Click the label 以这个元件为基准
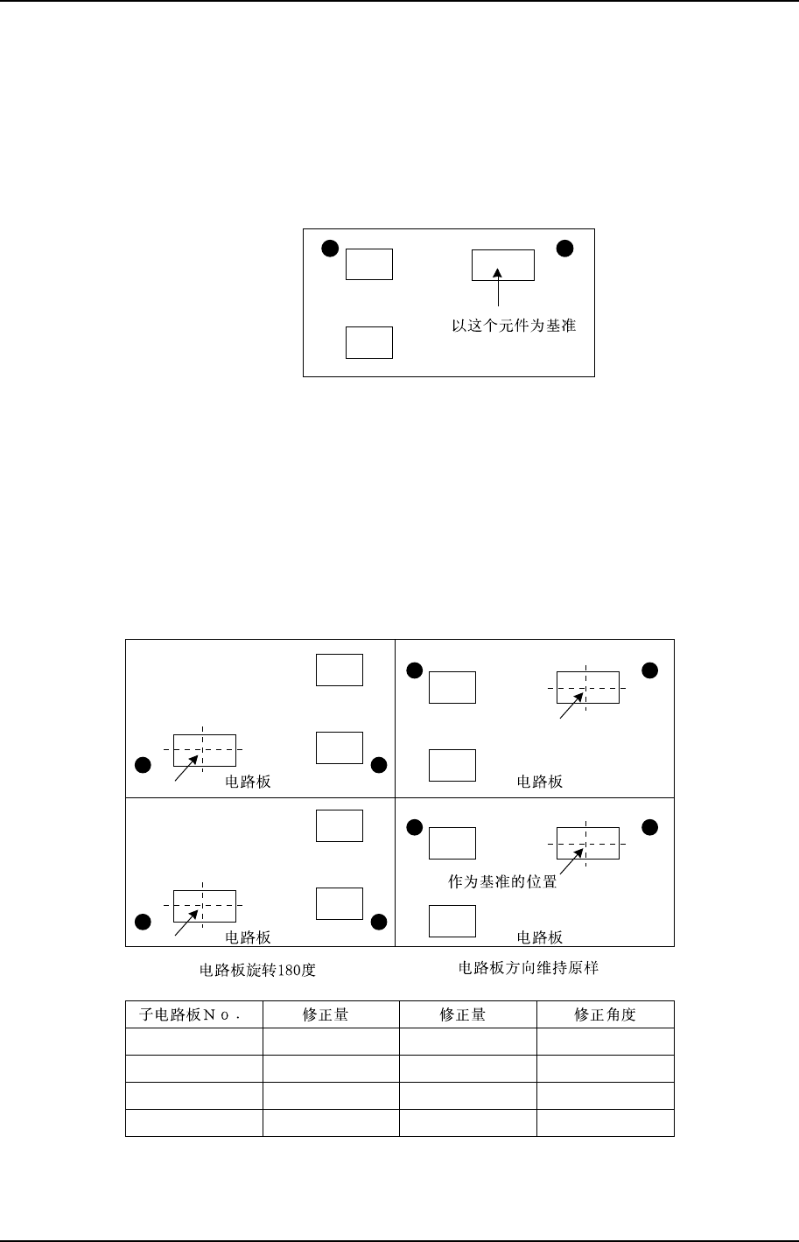click(514, 326)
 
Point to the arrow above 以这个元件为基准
click(498, 288)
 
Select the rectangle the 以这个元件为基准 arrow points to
click(503, 264)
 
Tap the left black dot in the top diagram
click(329, 248)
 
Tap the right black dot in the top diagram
click(565, 248)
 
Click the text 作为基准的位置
click(502, 882)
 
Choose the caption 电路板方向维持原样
click(528, 968)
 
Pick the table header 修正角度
click(605, 1015)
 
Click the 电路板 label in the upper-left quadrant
click(249, 782)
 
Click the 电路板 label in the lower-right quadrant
click(540, 938)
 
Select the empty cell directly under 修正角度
click(605, 1042)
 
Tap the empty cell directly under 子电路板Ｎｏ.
click(194, 1042)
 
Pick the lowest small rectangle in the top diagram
click(369, 342)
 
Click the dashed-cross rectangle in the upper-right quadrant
click(587, 688)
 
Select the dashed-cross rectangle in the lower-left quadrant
click(204, 906)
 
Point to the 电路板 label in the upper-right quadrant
click(540, 782)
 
